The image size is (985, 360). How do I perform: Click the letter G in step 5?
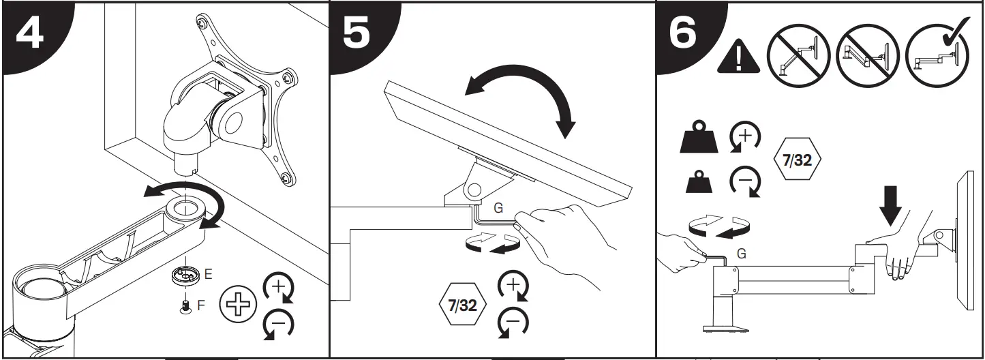coord(498,207)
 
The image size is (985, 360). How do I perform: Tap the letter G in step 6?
coord(741,254)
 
